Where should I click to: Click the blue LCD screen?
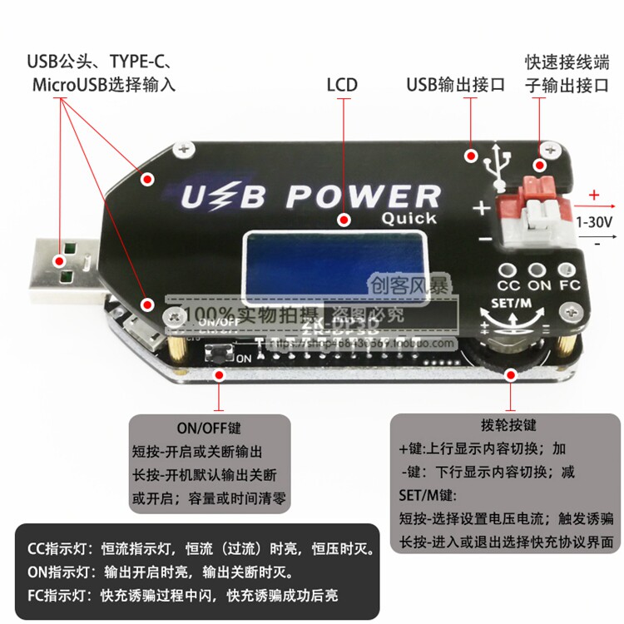coord(334,260)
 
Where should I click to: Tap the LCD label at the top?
coord(341,84)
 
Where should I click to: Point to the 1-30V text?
coord(593,222)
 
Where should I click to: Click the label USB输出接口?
coord(455,84)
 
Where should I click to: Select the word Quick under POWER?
coord(409,219)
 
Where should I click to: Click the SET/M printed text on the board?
coord(512,302)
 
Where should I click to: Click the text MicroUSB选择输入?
coord(103,85)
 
